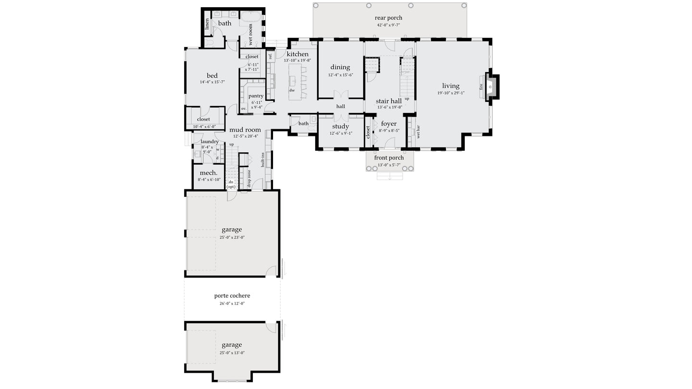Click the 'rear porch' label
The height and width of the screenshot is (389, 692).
(388, 18)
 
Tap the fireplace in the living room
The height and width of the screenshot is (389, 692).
(490, 87)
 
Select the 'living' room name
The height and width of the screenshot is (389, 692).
(451, 86)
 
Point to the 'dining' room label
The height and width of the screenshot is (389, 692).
(340, 67)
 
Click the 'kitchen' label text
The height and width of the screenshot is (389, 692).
(297, 54)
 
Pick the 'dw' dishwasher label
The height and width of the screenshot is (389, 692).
(292, 90)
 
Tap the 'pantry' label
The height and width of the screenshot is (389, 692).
(256, 96)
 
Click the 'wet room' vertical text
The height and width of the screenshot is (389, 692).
(250, 35)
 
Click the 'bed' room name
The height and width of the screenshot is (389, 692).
(212, 75)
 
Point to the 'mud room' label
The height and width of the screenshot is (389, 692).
(245, 130)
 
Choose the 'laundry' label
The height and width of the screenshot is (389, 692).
(210, 142)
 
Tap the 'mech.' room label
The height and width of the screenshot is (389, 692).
(209, 173)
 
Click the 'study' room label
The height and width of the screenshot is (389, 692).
(340, 126)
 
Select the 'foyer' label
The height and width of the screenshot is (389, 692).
(388, 123)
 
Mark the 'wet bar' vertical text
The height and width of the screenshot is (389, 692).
(418, 132)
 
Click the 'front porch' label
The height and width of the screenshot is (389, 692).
(389, 158)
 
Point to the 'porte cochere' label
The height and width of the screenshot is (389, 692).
(232, 296)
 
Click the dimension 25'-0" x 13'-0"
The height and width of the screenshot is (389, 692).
(232, 353)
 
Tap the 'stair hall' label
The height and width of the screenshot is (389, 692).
(388, 101)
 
